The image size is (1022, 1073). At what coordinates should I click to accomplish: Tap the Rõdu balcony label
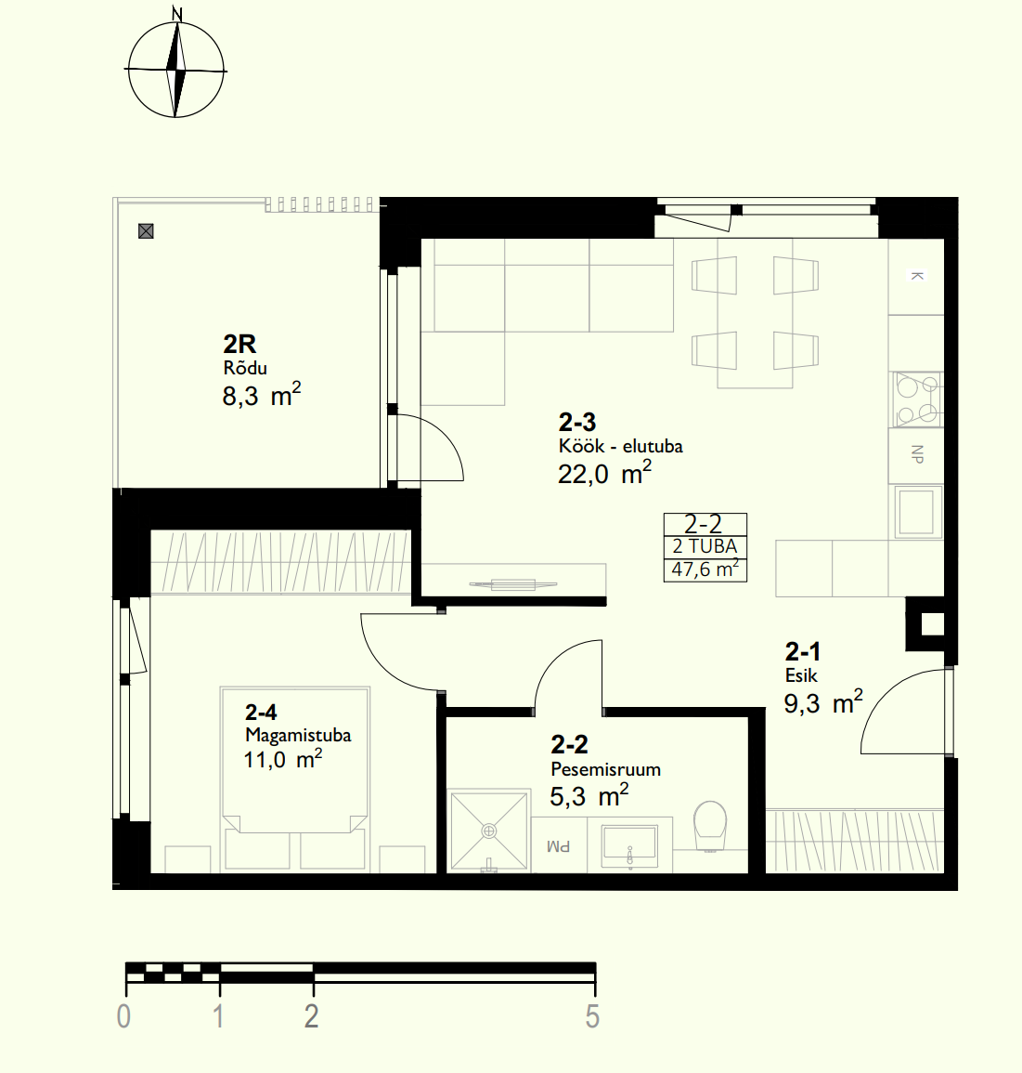tap(245, 368)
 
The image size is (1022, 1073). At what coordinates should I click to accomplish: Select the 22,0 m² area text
tap(604, 473)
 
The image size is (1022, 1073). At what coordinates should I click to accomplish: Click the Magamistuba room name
tap(298, 735)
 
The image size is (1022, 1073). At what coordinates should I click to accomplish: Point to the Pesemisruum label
tap(605, 769)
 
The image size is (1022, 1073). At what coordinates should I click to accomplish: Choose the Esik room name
tap(801, 675)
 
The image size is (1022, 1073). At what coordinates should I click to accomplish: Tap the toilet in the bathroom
tap(710, 826)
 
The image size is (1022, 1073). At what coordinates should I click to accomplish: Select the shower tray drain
tap(489, 831)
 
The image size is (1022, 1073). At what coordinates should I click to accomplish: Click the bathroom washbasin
tap(629, 844)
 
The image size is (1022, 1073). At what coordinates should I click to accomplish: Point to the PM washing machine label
tap(559, 847)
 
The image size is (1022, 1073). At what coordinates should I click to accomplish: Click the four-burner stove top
tap(917, 399)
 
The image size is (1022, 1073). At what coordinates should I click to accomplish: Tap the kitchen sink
tap(916, 511)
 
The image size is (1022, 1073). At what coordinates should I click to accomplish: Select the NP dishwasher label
tap(917, 453)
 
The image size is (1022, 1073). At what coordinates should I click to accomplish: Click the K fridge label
tap(917, 276)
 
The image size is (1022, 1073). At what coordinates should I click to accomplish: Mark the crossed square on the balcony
tap(146, 231)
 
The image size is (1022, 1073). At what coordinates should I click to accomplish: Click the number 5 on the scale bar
tap(593, 1017)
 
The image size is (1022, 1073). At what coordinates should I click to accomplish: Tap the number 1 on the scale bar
tap(219, 1017)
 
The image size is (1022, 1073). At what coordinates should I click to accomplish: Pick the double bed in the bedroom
tap(294, 779)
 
